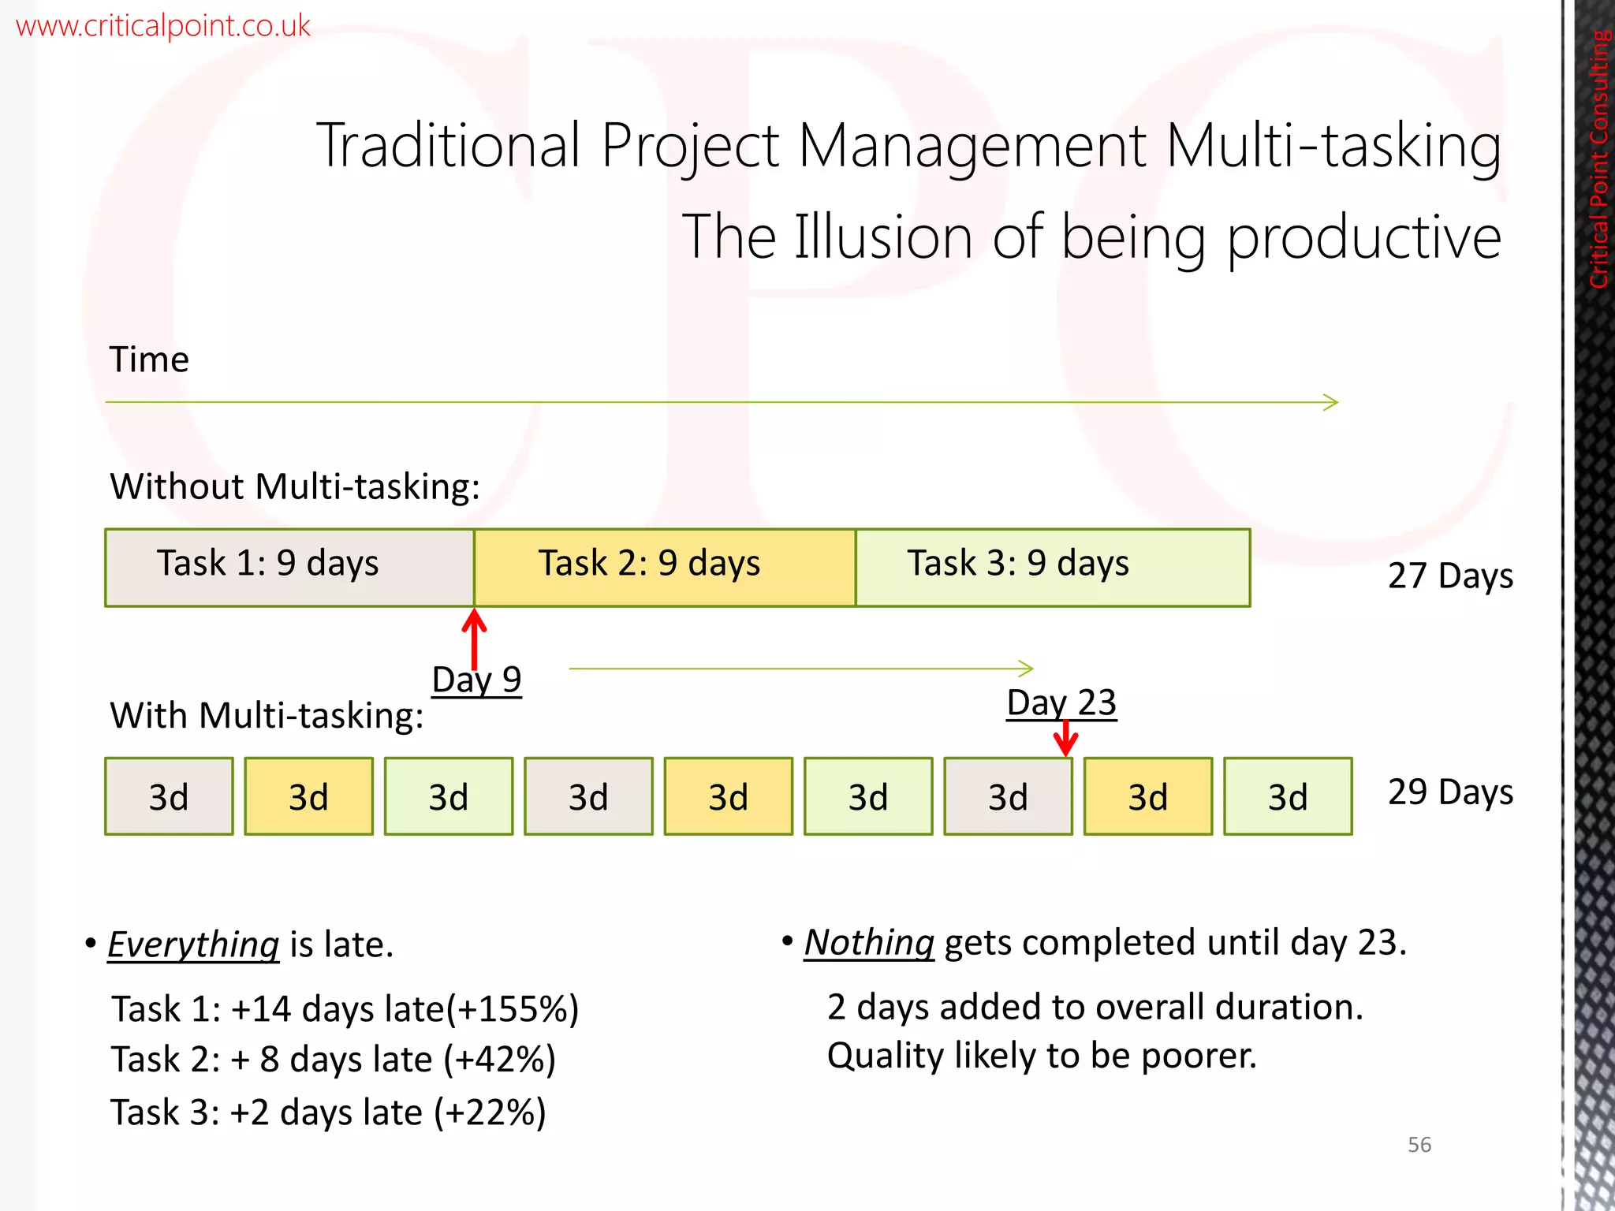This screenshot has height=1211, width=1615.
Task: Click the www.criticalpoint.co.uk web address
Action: pos(162,26)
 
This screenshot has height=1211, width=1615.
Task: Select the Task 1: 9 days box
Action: pos(289,567)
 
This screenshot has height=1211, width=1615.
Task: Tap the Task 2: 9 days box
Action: pos(664,567)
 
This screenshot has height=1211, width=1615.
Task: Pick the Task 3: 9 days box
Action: pos(1052,567)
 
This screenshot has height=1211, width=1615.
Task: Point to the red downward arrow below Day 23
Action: pos(1065,738)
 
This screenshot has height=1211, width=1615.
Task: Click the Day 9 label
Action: pos(476,680)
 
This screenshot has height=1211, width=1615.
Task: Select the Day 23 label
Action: pos(1061,702)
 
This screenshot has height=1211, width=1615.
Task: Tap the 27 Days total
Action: pos(1449,576)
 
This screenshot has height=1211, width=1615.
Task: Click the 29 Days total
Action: pos(1449,792)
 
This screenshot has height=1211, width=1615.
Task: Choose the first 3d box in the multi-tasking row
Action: pos(169,796)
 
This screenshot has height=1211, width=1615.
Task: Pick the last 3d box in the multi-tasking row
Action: pos(1287,796)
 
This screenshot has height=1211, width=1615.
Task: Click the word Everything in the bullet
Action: pos(193,944)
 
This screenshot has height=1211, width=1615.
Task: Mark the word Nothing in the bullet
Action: pos(869,942)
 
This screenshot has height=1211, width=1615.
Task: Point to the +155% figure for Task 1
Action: pos(513,1009)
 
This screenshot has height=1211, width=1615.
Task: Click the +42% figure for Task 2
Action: pos(500,1060)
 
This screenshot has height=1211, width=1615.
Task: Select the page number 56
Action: pos(1419,1145)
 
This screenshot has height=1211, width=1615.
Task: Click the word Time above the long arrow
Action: pos(149,360)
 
